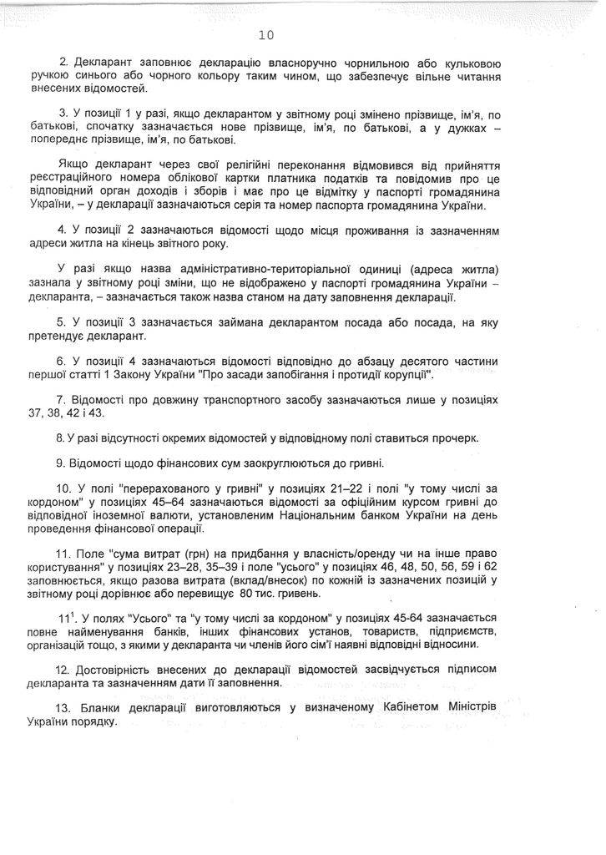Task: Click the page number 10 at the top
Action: [266, 34]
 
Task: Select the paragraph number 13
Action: [63, 706]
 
